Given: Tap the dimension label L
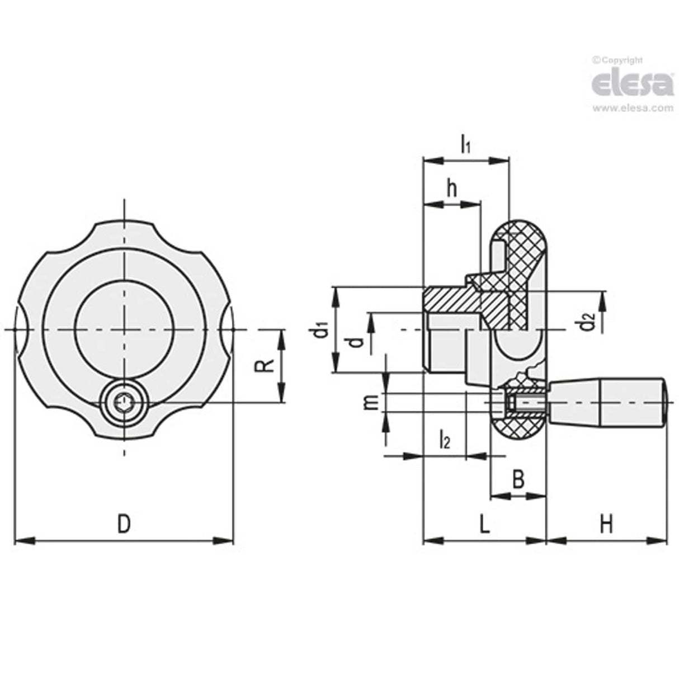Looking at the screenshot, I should coord(484,525).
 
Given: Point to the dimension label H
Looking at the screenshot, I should coord(606,525).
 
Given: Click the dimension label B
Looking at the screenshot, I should coord(518,479).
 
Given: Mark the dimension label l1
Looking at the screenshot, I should coord(465,145).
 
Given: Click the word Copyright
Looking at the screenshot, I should coord(621,60).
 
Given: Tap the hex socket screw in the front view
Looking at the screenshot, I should coord(124,402).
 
